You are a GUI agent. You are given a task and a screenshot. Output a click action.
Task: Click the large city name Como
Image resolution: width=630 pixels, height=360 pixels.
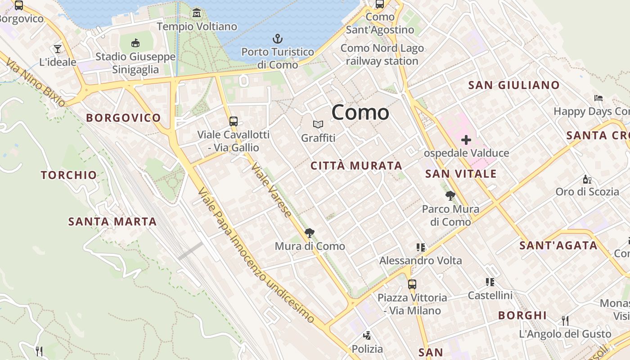(x=360, y=112)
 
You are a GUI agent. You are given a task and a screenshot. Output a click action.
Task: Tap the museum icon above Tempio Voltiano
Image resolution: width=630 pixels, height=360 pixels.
(x=197, y=13)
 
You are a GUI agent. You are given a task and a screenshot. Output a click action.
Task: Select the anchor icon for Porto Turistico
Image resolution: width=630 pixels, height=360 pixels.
(x=278, y=39)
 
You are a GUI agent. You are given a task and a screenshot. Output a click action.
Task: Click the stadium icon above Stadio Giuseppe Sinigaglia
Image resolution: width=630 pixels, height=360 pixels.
(x=135, y=43)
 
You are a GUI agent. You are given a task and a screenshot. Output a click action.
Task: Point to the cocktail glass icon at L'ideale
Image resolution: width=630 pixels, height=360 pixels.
(x=58, y=49)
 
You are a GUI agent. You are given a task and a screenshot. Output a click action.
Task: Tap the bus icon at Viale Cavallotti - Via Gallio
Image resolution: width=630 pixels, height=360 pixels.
(x=233, y=121)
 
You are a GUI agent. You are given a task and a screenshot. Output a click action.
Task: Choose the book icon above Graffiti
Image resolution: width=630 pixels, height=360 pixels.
(x=318, y=124)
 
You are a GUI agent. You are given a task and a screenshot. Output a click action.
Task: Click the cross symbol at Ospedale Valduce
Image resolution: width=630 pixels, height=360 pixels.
(x=466, y=139)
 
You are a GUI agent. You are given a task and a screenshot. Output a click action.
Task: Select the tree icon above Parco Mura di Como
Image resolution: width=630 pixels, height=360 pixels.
(x=450, y=195)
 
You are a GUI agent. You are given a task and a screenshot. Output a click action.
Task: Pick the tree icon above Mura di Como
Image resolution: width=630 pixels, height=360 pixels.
(x=309, y=233)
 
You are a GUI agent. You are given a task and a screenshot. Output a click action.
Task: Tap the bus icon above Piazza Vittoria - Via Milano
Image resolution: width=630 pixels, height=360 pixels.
(x=412, y=284)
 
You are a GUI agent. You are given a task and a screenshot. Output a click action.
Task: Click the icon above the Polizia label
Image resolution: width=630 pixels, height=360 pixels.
(x=367, y=335)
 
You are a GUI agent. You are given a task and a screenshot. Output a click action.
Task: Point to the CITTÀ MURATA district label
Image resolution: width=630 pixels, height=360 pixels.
(x=356, y=166)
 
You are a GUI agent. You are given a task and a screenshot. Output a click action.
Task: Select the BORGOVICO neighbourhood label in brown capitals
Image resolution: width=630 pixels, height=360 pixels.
(x=123, y=118)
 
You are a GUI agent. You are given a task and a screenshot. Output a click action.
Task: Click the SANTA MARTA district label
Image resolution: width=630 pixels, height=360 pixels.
(x=112, y=221)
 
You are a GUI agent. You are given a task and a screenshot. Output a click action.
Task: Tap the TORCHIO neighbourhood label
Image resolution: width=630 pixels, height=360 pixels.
(x=69, y=175)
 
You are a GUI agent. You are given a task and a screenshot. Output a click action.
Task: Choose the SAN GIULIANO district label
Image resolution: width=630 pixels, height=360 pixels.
(x=514, y=85)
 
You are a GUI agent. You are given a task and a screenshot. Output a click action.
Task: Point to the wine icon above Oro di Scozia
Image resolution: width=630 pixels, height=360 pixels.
(x=587, y=179)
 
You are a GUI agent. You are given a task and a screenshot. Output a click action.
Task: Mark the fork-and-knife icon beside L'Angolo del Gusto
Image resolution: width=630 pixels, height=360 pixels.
(x=565, y=320)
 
